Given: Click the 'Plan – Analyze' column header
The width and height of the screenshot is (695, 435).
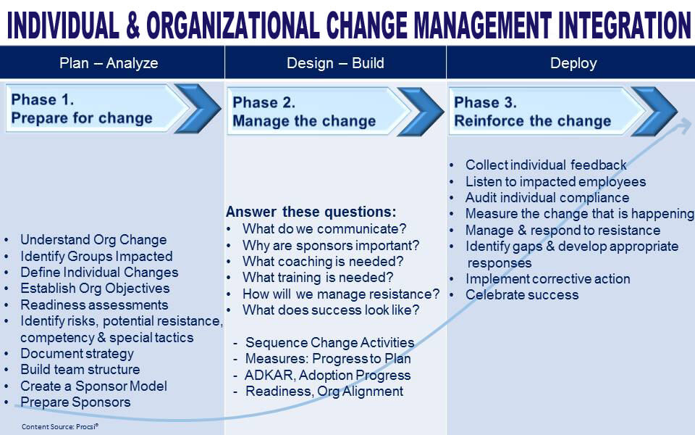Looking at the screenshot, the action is point(109,63).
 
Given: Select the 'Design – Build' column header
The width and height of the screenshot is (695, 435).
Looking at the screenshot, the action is point(335,63).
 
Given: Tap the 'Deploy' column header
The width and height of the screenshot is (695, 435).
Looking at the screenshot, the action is point(573,63).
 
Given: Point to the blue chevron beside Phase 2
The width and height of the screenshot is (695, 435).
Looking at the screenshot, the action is point(421,112).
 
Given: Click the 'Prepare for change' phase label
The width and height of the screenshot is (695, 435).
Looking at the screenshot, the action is point(82,118).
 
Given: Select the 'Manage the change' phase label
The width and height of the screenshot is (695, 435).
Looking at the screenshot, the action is point(304,121).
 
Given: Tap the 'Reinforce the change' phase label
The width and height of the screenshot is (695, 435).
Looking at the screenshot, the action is point(532,121).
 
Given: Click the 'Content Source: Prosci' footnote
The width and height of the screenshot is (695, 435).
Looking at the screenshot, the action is point(60,426).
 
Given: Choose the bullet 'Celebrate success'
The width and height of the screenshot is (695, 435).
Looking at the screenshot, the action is point(522,295).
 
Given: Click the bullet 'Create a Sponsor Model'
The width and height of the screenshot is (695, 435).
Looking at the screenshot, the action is point(93,386).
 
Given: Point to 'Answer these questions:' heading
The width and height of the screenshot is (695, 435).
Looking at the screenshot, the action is point(311,212).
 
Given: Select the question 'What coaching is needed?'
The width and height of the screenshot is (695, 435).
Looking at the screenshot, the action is point(323,261).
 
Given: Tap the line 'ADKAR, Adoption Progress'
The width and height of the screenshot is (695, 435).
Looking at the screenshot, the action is point(327,375).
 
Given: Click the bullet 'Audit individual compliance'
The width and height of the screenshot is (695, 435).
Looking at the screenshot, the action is point(547,197).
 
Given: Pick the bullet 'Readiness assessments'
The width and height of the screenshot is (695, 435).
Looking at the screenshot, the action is point(94,305).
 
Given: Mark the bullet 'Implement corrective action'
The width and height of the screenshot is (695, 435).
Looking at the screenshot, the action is point(547,278).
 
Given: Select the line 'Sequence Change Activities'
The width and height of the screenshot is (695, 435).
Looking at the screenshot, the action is point(330,342).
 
